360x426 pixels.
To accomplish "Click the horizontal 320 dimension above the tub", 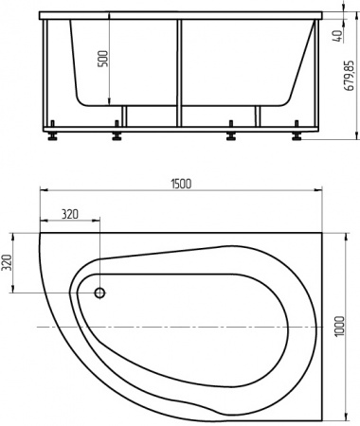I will [68, 214].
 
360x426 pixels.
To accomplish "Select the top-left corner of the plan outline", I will [40, 230].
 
